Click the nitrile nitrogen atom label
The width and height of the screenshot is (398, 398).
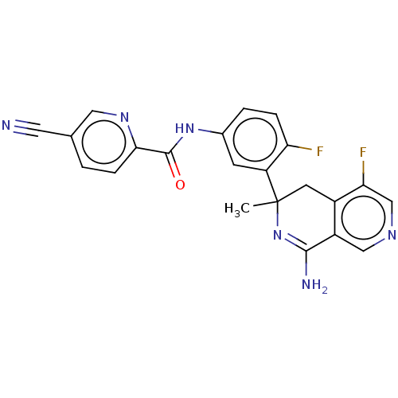6,125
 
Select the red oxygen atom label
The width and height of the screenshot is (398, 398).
180,185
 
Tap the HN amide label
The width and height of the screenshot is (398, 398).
185,129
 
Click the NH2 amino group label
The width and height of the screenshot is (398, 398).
314,285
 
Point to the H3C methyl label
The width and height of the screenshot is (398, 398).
237,209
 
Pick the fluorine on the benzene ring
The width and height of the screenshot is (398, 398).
320,151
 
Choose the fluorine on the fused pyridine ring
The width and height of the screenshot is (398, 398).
363,153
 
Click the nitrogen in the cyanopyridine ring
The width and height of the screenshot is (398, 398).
124,117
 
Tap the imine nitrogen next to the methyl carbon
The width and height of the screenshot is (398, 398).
278,235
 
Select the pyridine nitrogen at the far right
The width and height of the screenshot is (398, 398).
392,235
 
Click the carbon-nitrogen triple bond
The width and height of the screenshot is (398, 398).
27,129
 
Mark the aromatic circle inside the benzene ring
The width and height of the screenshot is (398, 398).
256,139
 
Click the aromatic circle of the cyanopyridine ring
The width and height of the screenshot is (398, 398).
103,142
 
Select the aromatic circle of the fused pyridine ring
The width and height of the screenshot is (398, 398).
363,218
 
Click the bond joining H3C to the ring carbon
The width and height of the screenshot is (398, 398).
265,204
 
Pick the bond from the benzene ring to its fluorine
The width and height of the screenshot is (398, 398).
300,147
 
